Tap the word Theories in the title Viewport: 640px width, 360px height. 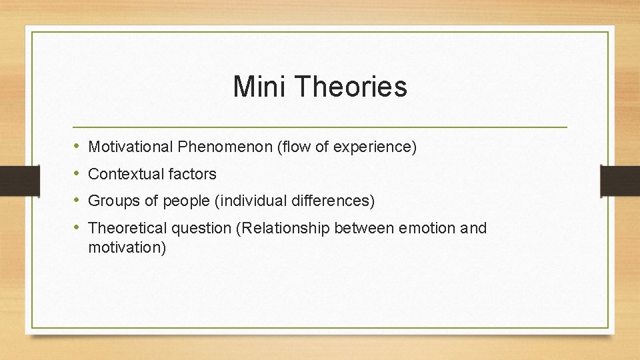pyautogui.click(x=349, y=87)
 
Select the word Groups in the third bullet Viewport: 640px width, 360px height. pyautogui.click(x=111, y=201)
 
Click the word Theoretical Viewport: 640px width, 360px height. pyautogui.click(x=127, y=228)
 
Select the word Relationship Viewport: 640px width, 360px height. pyautogui.click(x=285, y=228)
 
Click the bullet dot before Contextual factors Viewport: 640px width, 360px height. pyautogui.click(x=77, y=174)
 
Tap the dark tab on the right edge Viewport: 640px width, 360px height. pyautogui.click(x=620, y=180)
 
